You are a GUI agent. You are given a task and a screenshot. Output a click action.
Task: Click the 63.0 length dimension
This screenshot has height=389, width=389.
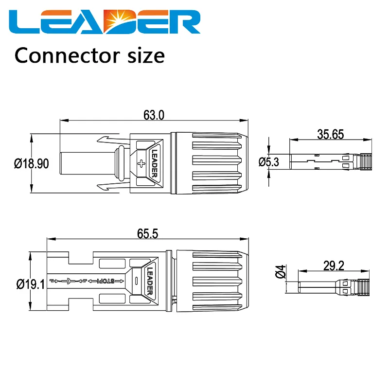[154, 115]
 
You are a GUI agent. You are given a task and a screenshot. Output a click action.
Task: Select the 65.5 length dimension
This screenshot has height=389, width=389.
[148, 234]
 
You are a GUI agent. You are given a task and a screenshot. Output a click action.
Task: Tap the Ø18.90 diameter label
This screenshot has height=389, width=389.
[32, 164]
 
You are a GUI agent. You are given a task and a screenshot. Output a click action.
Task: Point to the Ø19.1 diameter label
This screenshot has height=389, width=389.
[31, 284]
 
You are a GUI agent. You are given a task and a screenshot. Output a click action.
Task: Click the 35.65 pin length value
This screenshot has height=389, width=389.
[331, 135]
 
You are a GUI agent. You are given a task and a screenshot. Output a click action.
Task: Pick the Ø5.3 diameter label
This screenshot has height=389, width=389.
[269, 162]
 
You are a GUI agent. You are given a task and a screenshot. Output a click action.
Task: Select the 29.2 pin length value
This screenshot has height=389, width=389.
[334, 265]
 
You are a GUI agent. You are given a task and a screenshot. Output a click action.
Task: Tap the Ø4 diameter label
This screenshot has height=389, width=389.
[281, 271]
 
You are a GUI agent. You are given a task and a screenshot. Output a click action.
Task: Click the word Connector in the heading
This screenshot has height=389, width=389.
[67, 55]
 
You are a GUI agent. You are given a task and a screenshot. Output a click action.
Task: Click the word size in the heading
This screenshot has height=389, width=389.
[146, 55]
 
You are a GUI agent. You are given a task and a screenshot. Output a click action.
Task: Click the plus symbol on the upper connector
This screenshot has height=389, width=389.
[141, 164]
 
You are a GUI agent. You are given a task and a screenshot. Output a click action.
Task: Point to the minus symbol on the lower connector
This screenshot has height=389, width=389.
[136, 281]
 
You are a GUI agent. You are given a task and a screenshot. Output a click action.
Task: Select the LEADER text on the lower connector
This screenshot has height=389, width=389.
[150, 281]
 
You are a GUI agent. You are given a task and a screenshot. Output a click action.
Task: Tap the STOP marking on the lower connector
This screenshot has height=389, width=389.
[106, 281]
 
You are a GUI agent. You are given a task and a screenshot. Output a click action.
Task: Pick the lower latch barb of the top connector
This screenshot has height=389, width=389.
[113, 186]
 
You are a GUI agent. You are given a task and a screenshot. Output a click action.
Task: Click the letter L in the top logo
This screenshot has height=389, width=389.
[24, 22]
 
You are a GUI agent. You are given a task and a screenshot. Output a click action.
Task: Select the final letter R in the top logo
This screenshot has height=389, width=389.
[184, 22]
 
